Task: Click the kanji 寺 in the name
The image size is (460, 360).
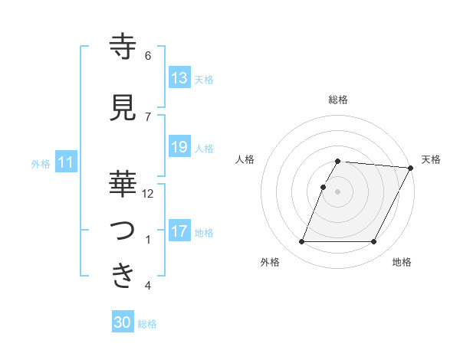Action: coord(123,47)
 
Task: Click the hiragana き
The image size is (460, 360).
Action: coord(123,277)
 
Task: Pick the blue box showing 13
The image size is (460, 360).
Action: coord(179,78)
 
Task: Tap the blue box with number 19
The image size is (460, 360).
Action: coord(179,147)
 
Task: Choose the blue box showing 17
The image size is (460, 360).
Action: coord(179,231)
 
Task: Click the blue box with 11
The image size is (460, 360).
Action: coord(67,162)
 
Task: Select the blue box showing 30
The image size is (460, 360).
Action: coord(123,323)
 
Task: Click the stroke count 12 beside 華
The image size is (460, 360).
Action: coord(148,194)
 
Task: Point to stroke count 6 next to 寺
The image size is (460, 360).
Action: coord(148,56)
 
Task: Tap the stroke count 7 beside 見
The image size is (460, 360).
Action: coord(148,117)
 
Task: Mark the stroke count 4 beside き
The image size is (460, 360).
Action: coord(148,286)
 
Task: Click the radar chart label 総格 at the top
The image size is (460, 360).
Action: coord(338,100)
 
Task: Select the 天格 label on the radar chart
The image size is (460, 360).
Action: coord(431,159)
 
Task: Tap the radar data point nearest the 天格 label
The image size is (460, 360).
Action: coord(412,168)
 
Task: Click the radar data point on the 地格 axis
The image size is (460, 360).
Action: coord(374,242)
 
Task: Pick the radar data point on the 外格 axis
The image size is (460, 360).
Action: coord(301,242)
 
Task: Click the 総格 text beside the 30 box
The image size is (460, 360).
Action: coord(147,324)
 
